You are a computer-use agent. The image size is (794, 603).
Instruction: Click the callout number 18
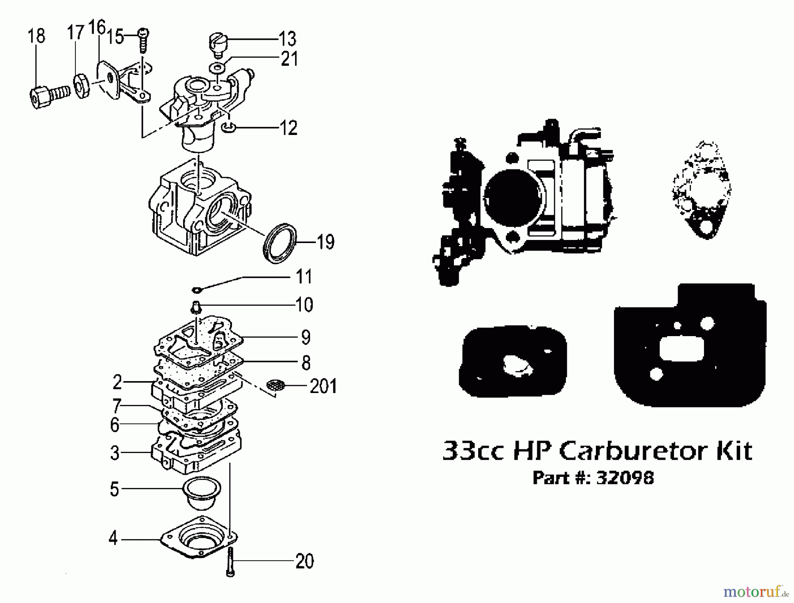tap(36, 36)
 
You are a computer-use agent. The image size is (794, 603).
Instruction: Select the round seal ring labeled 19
tap(280, 243)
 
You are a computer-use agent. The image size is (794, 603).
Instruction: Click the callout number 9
tap(305, 337)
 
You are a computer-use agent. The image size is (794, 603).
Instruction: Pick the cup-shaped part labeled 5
tap(201, 492)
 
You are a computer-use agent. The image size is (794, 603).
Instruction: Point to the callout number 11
tap(303, 277)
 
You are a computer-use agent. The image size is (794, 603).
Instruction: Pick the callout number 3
tap(115, 453)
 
